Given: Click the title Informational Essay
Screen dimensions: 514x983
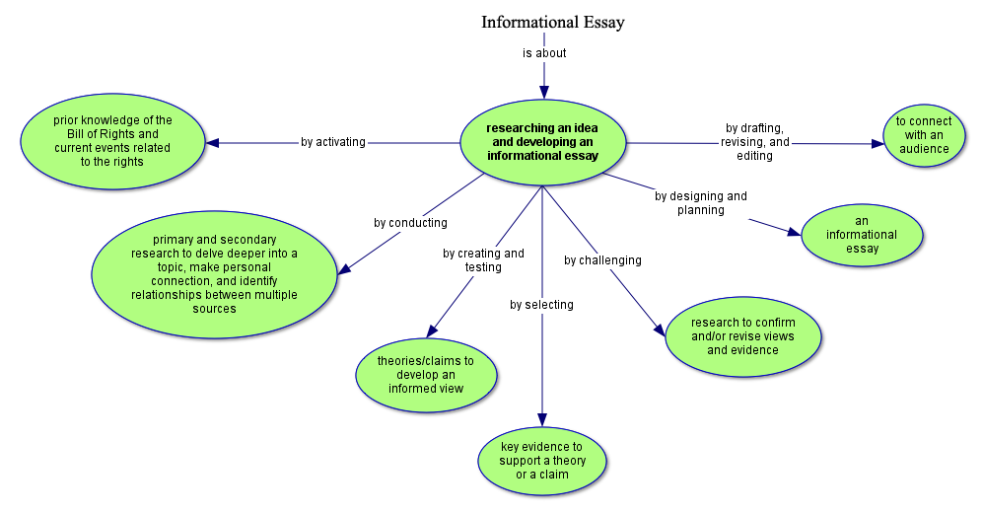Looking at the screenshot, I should pyautogui.click(x=552, y=22).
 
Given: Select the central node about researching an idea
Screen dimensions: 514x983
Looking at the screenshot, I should pyautogui.click(x=544, y=141).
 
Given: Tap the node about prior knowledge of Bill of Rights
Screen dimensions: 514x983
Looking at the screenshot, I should pyautogui.click(x=112, y=141).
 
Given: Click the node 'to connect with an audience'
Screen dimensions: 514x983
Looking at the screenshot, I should pyautogui.click(x=924, y=135).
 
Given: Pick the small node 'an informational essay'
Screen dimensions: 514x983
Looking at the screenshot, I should pyautogui.click(x=862, y=235).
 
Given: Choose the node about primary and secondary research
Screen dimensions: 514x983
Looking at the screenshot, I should pyautogui.click(x=214, y=273).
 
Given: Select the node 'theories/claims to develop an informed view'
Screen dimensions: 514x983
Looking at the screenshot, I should pyautogui.click(x=425, y=375).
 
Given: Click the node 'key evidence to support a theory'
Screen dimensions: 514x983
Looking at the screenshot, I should pyautogui.click(x=541, y=461).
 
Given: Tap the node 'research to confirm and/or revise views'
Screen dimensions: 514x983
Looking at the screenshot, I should pyautogui.click(x=742, y=335).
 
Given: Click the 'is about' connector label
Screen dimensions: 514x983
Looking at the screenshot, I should pyautogui.click(x=544, y=53).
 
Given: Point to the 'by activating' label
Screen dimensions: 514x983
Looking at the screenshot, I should pyautogui.click(x=333, y=142).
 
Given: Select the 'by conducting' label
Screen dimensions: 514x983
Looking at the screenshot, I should pyautogui.click(x=410, y=223).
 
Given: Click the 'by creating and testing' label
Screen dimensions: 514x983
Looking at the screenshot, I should pyautogui.click(x=483, y=260).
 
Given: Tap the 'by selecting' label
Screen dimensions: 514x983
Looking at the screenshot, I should pyautogui.click(x=541, y=305).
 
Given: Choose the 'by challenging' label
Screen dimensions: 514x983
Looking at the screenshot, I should pyautogui.click(x=602, y=260).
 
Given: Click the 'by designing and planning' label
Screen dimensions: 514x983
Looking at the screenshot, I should pyautogui.click(x=701, y=202).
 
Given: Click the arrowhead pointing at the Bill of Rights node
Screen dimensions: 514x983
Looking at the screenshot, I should pyautogui.click(x=212, y=142).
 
